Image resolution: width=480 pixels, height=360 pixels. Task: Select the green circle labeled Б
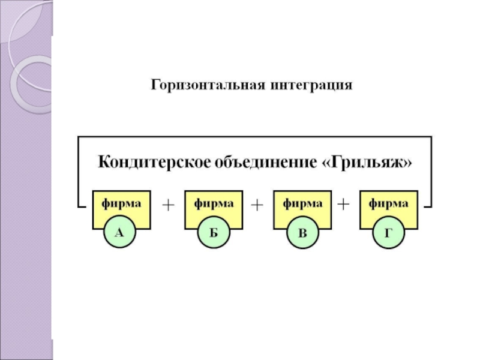[x=213, y=233]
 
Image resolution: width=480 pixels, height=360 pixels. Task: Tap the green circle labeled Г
[x=388, y=233]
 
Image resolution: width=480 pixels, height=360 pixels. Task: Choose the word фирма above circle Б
[x=214, y=203]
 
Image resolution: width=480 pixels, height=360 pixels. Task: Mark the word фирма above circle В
[x=302, y=203]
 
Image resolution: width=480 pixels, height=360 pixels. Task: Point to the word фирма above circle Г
[x=389, y=203]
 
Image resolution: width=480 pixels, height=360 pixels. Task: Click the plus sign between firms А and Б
[x=167, y=205]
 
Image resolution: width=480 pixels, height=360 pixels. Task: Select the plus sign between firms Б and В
[x=257, y=205]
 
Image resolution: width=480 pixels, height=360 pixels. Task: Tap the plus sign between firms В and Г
[x=344, y=204]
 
